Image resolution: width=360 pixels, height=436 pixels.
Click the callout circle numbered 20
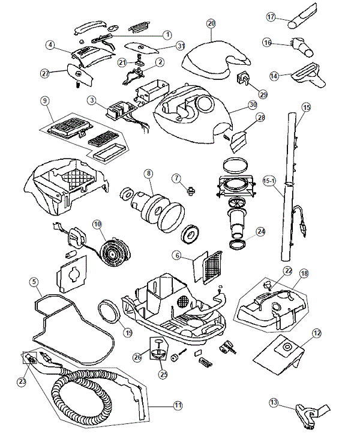(211, 23)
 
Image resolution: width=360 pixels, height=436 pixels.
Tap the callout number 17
(271, 17)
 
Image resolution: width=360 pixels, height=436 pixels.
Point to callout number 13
(274, 402)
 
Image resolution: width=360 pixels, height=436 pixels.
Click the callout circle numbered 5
(34, 281)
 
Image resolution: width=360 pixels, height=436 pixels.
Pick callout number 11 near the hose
(178, 405)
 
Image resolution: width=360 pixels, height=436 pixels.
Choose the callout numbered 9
(44, 100)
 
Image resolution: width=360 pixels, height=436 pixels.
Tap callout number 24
(260, 231)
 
